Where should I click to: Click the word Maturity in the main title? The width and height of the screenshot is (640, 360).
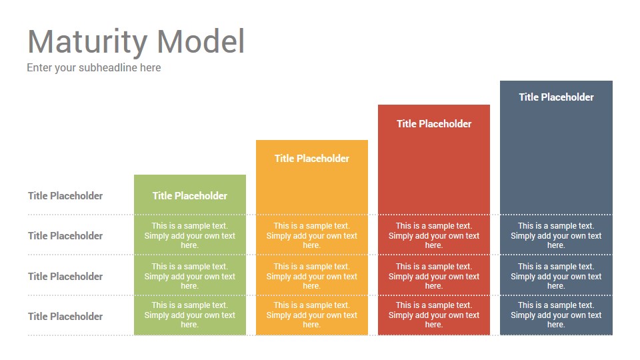point(87,42)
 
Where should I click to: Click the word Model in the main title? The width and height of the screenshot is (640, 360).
point(201,41)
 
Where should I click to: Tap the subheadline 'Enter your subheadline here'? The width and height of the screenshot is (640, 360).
point(94,68)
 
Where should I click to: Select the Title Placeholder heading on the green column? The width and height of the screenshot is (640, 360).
point(190,196)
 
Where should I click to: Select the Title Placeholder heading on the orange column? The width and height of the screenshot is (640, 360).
point(312,159)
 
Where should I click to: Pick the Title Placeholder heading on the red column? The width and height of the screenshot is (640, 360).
point(434,124)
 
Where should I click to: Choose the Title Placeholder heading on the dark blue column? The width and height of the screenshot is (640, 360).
point(556,97)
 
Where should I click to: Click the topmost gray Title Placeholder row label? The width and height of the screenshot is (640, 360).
point(65,196)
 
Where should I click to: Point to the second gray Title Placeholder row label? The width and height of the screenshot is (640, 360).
point(65,236)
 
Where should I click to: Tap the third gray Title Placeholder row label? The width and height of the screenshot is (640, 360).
point(65,276)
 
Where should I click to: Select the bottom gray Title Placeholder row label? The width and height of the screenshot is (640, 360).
point(65,316)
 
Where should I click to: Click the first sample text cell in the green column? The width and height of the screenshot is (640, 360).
point(190,235)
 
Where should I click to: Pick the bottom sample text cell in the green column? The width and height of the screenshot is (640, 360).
point(190,315)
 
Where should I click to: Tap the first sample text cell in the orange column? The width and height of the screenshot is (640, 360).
point(312,235)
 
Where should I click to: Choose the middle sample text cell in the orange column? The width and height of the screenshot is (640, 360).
point(312,276)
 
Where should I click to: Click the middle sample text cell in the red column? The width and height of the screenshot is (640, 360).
point(434,276)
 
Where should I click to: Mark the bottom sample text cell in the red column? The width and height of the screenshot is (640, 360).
point(434,315)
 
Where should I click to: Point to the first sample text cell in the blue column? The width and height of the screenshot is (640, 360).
point(556,235)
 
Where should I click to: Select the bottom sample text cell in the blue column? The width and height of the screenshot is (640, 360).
point(556,315)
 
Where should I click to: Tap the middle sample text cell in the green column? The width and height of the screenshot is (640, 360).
point(190,276)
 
